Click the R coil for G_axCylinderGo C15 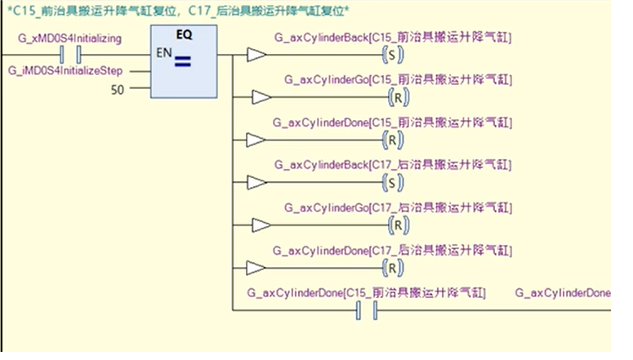[396, 98]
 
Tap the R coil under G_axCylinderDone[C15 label [395, 140]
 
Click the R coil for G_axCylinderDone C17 [395, 267]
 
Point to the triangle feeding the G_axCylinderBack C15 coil [256, 56]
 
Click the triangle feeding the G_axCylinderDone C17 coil [256, 267]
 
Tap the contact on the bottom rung [366, 309]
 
